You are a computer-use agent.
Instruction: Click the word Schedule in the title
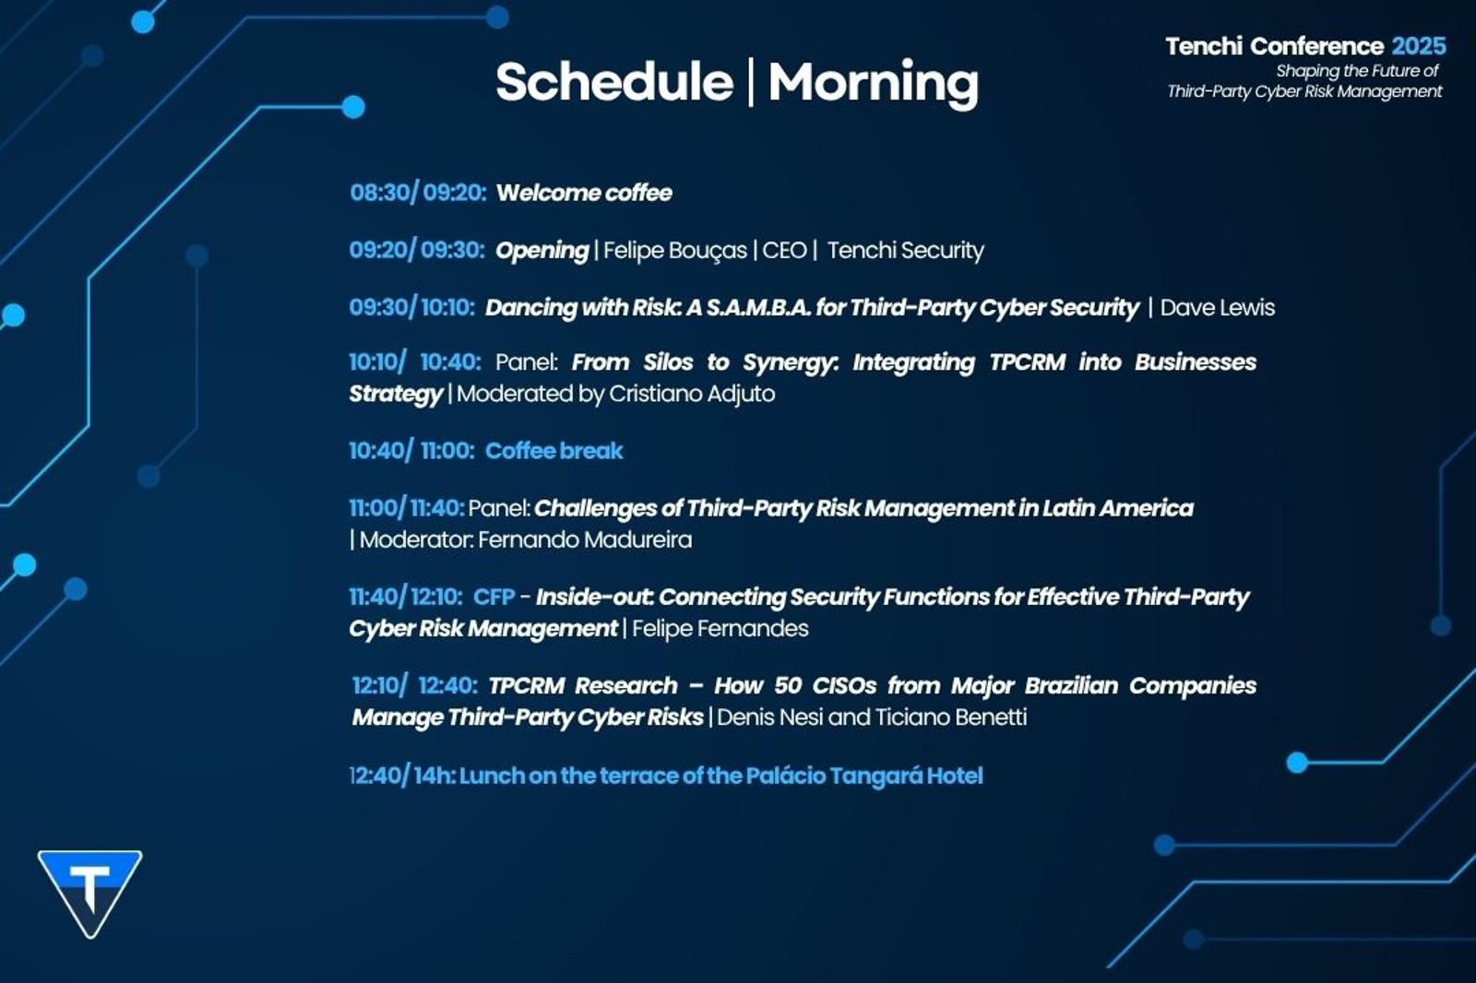point(614,82)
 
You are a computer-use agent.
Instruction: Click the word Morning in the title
point(874,85)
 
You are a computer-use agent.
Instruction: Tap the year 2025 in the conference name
point(1419,46)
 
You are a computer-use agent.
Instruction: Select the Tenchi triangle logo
point(89,894)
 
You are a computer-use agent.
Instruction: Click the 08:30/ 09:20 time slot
point(418,193)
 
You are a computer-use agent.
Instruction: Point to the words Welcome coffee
point(584,193)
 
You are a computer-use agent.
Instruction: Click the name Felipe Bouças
point(674,251)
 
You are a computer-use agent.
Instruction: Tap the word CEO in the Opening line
point(784,251)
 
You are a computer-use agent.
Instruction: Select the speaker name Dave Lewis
point(1217,308)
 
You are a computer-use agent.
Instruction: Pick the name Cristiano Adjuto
point(692,394)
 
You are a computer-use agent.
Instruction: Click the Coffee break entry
point(553,451)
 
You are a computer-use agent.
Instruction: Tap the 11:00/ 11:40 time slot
point(407,508)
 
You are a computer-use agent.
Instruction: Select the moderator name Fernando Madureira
point(585,540)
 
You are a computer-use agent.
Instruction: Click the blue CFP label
point(494,597)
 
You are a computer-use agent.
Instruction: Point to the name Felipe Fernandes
point(720,629)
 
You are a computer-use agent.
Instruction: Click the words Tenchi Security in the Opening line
point(905,251)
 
